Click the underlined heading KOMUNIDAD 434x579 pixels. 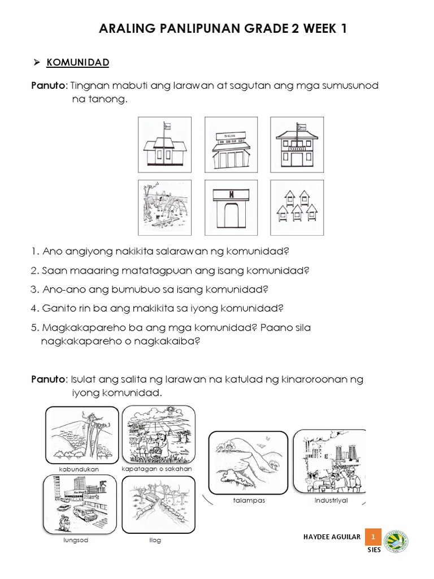[77, 62]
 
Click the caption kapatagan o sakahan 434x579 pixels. [157, 469]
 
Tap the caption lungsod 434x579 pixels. [76, 540]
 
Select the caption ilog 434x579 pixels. [155, 540]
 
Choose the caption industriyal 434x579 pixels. [331, 500]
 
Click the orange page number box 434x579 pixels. [373, 536]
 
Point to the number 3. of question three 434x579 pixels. [35, 289]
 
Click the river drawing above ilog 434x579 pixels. [159, 505]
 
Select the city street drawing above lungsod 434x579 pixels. [80, 505]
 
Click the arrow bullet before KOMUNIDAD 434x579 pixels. [35, 62]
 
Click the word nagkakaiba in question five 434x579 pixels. [169, 341]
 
